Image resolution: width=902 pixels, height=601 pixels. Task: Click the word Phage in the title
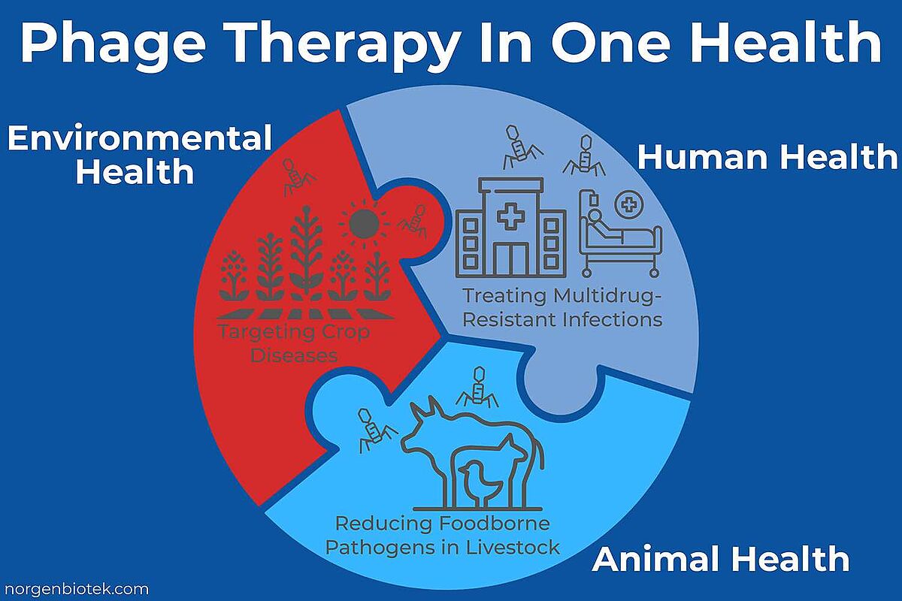(112, 44)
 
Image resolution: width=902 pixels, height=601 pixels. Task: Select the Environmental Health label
(139, 155)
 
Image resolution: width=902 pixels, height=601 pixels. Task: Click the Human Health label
(767, 156)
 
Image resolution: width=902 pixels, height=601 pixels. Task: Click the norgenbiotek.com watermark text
(77, 589)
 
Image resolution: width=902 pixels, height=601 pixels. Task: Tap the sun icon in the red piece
(364, 223)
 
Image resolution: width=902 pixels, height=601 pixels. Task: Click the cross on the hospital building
(511, 217)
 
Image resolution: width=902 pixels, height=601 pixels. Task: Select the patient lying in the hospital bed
(604, 228)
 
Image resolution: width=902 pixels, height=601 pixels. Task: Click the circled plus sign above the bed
(628, 206)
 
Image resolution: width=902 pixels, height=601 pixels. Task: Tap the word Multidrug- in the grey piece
(607, 296)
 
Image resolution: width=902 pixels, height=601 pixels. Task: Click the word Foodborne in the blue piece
(494, 524)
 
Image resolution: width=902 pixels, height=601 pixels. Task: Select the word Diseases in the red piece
(294, 355)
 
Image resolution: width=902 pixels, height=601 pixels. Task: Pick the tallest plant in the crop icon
(307, 253)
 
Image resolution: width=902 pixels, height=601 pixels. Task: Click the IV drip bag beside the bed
(594, 200)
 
